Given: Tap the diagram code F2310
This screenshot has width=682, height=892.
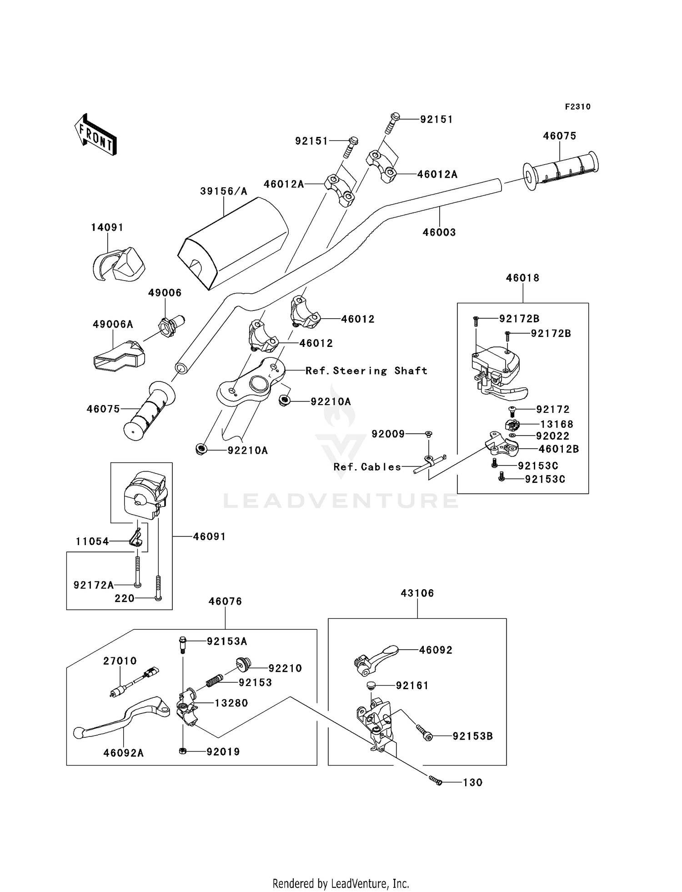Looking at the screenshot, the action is (578, 107).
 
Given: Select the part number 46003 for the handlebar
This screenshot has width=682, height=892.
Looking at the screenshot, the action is (439, 232).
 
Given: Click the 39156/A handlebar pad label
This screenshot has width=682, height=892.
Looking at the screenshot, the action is (224, 191).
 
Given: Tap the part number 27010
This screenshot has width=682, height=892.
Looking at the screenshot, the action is (120, 661).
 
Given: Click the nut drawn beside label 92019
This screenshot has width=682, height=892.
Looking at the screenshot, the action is (182, 752).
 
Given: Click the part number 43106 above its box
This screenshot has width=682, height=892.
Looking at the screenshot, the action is (417, 593).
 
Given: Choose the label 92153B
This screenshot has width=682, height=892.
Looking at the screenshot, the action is (473, 736).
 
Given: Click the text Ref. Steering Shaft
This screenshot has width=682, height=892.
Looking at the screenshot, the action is (366, 371).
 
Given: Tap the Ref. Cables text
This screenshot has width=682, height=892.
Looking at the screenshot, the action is (367, 467).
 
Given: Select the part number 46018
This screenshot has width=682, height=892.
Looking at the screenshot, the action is (523, 278).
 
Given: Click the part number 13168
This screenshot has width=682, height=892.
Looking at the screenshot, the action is (557, 424).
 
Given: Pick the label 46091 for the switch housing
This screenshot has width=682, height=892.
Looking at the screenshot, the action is (210, 536).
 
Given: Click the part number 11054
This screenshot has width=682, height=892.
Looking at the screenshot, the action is (92, 541).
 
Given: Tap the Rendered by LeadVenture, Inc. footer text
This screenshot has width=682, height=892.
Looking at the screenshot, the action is (341, 883).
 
